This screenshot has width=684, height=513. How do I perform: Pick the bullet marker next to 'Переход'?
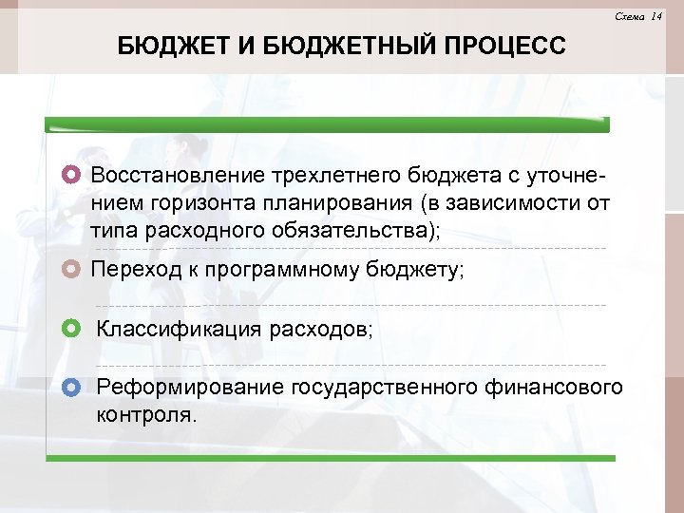(72, 269)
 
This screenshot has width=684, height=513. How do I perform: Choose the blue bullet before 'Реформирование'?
(72, 388)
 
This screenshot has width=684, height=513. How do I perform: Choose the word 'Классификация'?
(180, 330)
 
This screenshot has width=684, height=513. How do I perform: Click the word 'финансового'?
(554, 388)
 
